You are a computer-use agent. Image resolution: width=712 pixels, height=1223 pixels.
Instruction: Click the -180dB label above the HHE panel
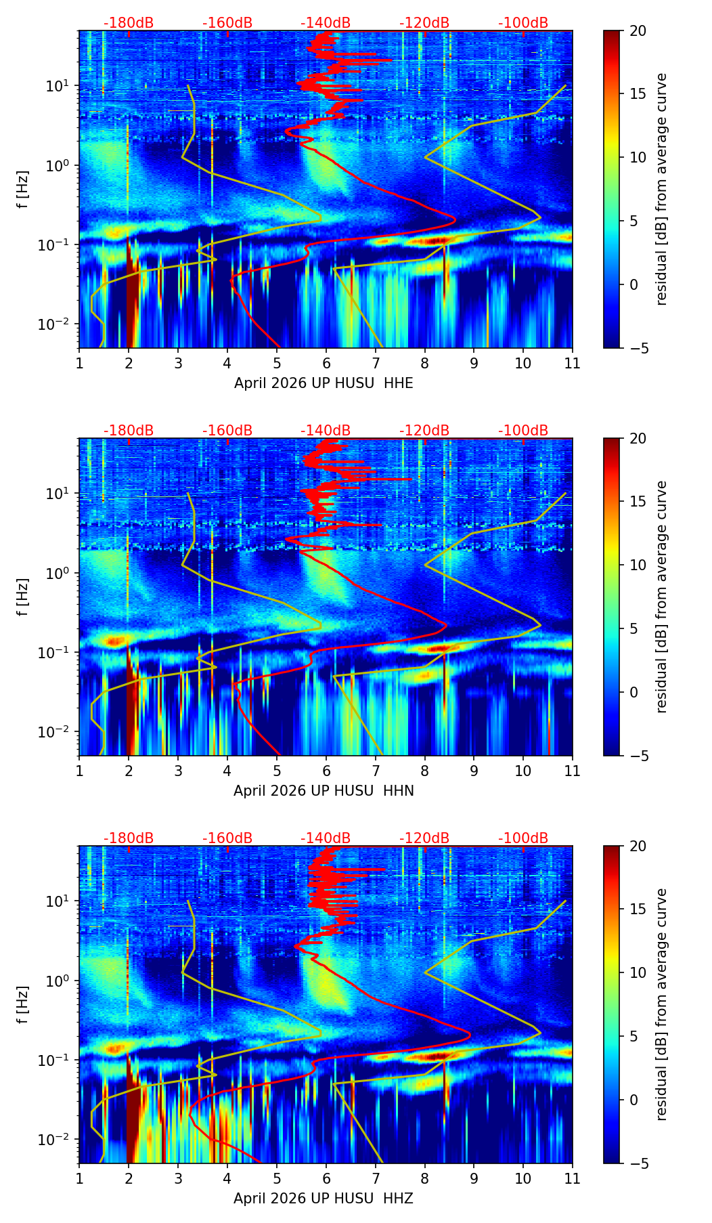[129, 23]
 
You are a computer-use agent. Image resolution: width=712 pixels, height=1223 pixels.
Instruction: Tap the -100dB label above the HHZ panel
[523, 838]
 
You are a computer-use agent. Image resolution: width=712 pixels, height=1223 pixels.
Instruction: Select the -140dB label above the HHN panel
[326, 431]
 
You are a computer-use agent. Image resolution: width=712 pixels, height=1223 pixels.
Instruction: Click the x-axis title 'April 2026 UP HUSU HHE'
[324, 383]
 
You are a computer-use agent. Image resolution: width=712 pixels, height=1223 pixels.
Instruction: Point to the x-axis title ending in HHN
[324, 791]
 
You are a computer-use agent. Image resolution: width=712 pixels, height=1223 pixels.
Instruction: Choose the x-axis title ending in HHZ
[323, 1199]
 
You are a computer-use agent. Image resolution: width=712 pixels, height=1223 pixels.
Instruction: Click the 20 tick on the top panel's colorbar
[638, 31]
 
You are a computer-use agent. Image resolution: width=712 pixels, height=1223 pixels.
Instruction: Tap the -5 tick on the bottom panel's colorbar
[638, 1163]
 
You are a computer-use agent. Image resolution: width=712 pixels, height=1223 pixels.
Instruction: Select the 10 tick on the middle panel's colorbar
[638, 565]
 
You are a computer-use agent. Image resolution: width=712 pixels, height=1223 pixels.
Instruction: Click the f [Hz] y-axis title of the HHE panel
[23, 190]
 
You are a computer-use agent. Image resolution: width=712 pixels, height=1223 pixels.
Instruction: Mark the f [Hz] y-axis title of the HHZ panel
[23, 1005]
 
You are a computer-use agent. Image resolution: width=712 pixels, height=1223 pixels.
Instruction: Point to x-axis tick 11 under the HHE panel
[572, 363]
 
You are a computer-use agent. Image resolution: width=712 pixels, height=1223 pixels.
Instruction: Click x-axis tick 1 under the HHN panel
[79, 771]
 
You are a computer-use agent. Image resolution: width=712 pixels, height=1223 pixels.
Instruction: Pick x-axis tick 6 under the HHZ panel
[326, 1178]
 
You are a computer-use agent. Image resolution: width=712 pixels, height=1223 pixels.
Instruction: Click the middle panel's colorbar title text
[661, 597]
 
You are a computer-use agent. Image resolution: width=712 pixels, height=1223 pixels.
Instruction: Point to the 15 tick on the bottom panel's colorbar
[638, 909]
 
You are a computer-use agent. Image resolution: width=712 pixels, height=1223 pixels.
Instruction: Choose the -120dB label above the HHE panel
[424, 23]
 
